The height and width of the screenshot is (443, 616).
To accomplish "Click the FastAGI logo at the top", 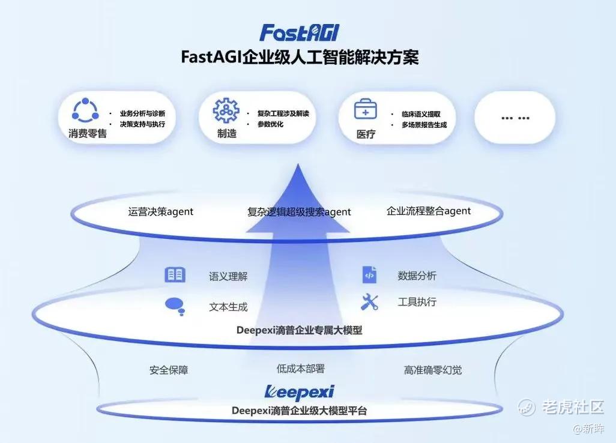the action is pyautogui.click(x=300, y=32).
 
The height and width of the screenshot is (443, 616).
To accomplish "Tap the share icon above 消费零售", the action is pyautogui.click(x=85, y=110).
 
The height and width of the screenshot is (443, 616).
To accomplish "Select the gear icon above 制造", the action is pyautogui.click(x=226, y=110).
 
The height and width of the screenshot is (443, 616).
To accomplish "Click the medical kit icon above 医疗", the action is pyautogui.click(x=366, y=109).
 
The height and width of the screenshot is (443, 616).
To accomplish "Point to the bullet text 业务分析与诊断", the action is pyautogui.click(x=143, y=113).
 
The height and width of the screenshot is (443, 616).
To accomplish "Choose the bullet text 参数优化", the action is pyautogui.click(x=270, y=124).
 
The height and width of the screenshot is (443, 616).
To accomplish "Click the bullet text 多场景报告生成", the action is pyautogui.click(x=424, y=125).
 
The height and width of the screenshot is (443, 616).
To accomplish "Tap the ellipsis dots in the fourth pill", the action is pyautogui.click(x=515, y=118).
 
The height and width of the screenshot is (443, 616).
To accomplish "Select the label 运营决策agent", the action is pyautogui.click(x=161, y=212).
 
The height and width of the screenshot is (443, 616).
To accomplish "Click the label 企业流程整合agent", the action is pyautogui.click(x=429, y=211).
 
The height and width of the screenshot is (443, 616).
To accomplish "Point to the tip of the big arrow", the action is pyautogui.click(x=298, y=164).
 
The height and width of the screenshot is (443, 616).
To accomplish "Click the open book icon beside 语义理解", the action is pyautogui.click(x=175, y=275).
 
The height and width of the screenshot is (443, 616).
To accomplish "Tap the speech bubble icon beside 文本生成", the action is pyautogui.click(x=175, y=307).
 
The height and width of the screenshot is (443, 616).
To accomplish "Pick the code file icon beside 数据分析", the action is pyautogui.click(x=369, y=274).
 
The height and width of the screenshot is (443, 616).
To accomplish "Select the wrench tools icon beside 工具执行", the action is pyautogui.click(x=369, y=303).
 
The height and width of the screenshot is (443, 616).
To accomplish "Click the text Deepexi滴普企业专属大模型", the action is pyautogui.click(x=300, y=330).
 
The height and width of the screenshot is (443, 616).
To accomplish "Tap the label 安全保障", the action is pyautogui.click(x=169, y=370).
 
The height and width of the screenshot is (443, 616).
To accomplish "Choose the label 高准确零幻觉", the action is pyautogui.click(x=433, y=370).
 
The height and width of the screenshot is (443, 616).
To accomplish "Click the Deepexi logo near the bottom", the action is pyautogui.click(x=300, y=392).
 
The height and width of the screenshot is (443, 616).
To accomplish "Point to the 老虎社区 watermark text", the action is pyautogui.click(x=573, y=407).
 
